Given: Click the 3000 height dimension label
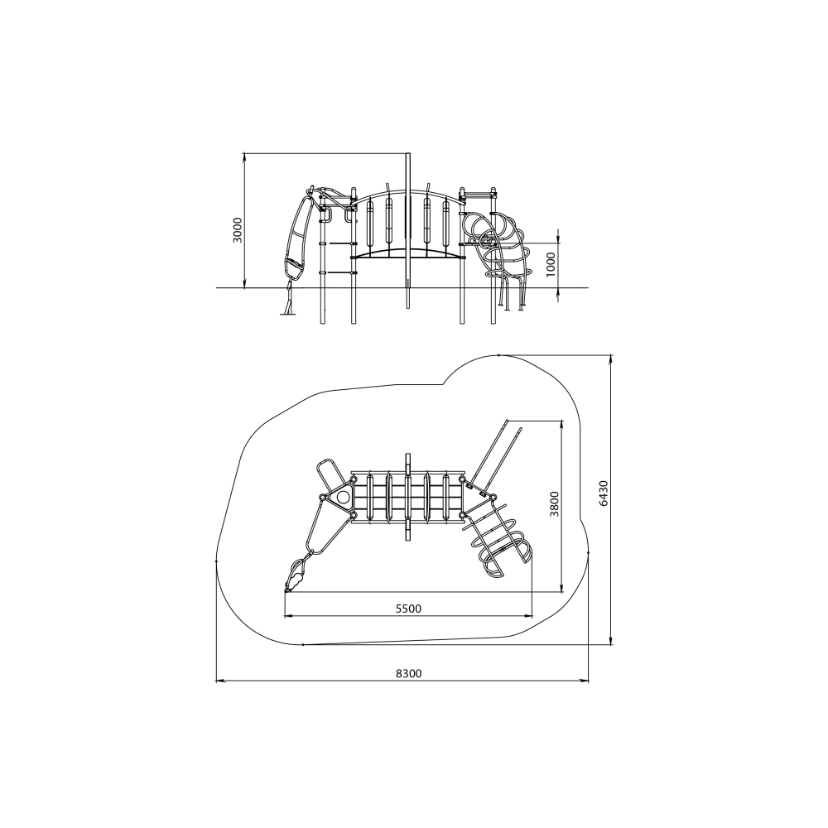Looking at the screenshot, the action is point(238,229).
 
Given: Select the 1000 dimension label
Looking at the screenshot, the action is point(551,263).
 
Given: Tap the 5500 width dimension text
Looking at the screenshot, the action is point(409,609).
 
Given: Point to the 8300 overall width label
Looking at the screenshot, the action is point(409,673).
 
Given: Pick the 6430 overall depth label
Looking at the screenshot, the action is point(604,493).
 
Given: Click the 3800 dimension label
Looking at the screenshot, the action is point(555,503).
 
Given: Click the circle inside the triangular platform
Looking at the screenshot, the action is point(344,497).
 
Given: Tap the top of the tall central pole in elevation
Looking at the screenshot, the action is point(407,154).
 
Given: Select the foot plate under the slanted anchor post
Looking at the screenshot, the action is point(288,314).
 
